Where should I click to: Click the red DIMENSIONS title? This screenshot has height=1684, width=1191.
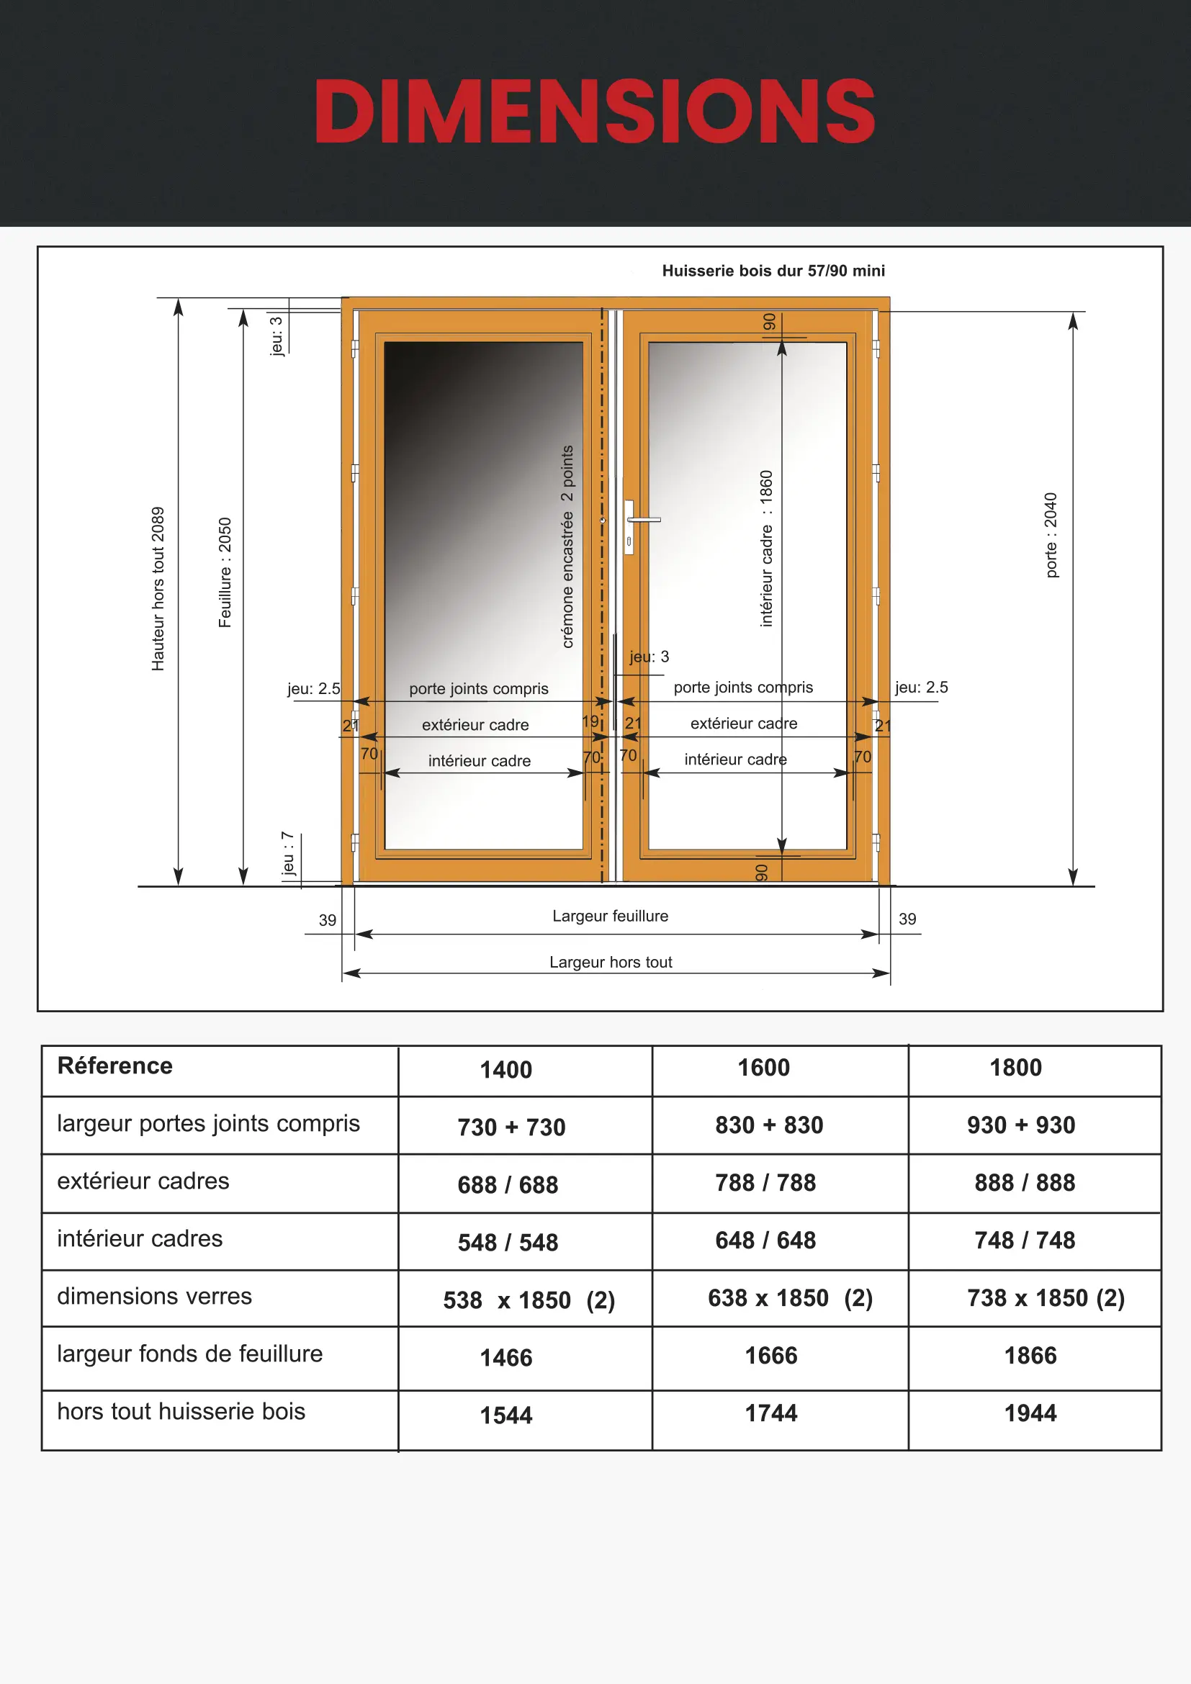(595, 112)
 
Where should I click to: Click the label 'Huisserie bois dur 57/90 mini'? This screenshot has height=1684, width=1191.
(773, 271)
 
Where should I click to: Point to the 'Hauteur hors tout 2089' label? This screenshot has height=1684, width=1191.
(158, 588)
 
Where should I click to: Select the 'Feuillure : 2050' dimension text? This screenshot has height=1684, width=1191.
(225, 572)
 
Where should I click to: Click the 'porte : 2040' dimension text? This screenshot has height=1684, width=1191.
(1051, 535)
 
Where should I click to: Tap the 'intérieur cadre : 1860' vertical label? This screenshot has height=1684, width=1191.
(766, 548)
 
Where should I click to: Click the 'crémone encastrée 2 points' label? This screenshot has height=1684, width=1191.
(567, 546)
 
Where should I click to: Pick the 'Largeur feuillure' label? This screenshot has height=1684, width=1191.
(610, 915)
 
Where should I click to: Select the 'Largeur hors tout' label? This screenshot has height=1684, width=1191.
(610, 962)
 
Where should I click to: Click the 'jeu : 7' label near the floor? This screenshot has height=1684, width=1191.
(287, 854)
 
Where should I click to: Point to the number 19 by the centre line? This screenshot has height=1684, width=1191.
(590, 721)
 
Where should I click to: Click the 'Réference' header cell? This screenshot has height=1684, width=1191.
(115, 1066)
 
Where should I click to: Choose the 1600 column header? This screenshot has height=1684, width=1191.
(763, 1067)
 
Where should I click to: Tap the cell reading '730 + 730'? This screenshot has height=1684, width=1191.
(511, 1127)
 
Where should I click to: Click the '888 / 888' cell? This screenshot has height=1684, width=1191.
(1025, 1182)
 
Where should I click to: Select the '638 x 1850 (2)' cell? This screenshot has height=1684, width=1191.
(790, 1297)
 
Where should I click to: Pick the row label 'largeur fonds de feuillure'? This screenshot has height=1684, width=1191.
(190, 1354)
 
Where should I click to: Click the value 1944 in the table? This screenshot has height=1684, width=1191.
(1030, 1413)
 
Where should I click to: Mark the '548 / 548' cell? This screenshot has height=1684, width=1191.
(508, 1242)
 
